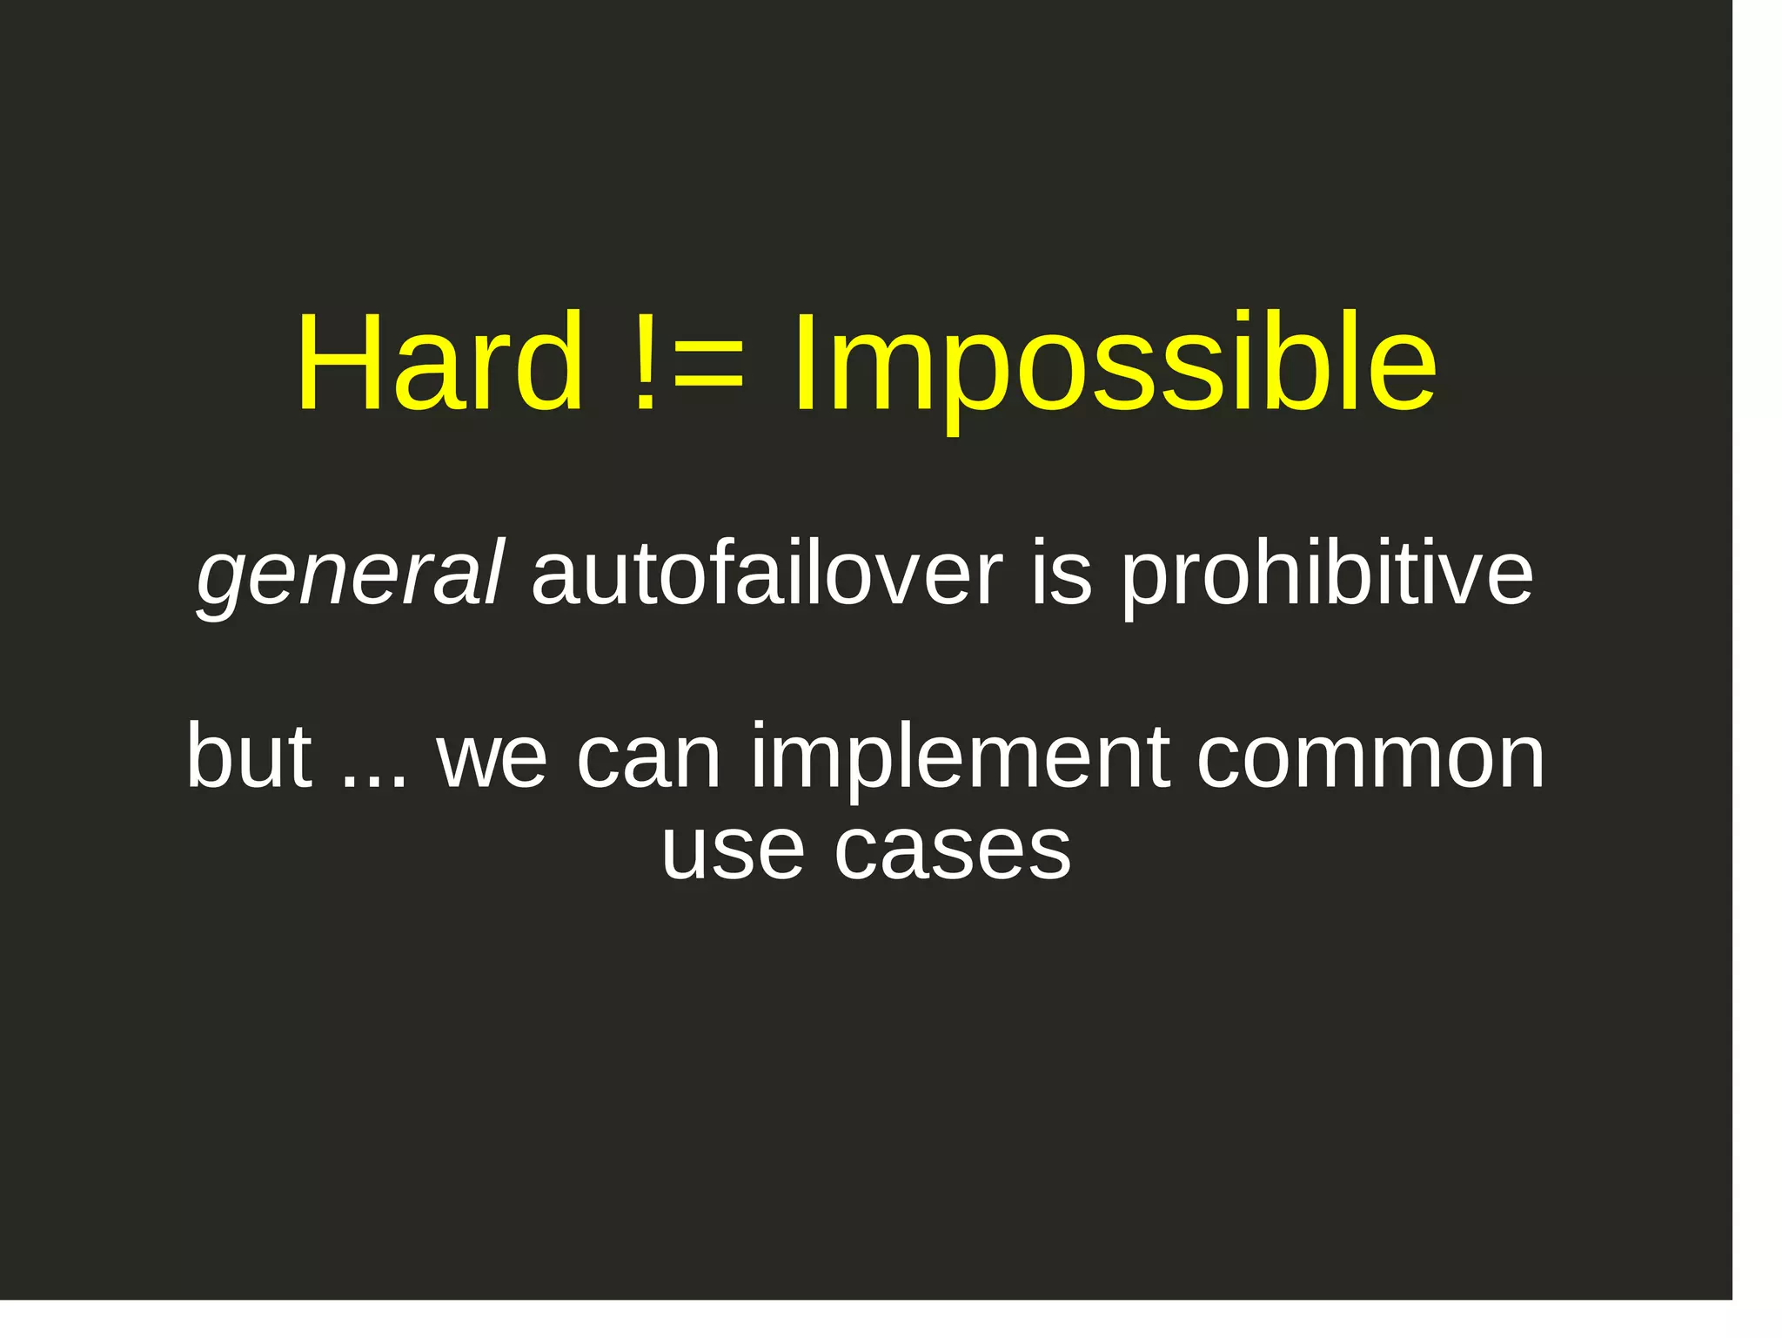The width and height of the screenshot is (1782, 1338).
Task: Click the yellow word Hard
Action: (439, 361)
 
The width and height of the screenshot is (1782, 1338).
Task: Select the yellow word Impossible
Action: (1115, 366)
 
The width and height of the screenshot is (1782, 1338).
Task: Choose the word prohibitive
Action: (1326, 576)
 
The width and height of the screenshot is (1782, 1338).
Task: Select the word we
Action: (492, 759)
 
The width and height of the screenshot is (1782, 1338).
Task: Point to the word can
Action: (648, 759)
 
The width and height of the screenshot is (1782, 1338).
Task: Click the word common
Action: (1370, 759)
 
